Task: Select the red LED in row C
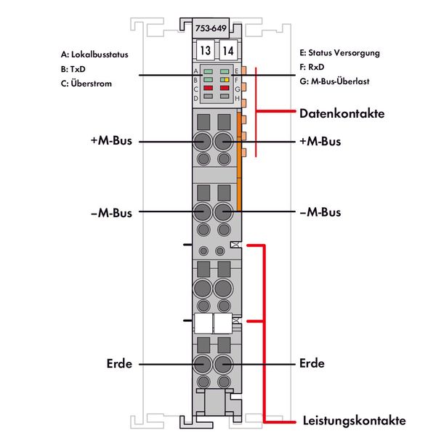point(209,87)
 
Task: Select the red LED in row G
point(225,87)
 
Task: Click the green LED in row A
point(209,71)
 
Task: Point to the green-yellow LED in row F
point(225,79)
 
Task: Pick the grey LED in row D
point(209,96)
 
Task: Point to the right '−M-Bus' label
point(320,213)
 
